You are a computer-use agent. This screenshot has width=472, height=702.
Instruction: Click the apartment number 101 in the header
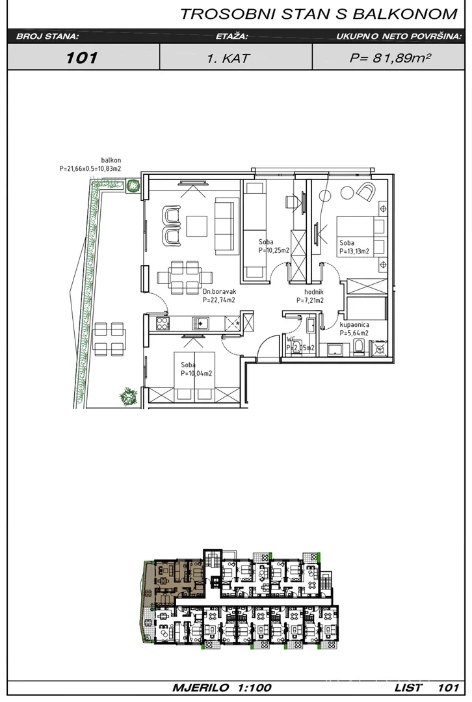(x=81, y=57)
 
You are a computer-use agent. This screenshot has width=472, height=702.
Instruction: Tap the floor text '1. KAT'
(x=228, y=58)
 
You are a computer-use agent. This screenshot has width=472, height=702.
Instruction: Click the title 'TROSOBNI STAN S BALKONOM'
(x=319, y=14)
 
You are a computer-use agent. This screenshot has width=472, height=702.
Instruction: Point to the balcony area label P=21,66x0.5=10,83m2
(x=90, y=169)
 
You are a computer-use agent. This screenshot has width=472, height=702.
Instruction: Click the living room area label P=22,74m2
(x=219, y=300)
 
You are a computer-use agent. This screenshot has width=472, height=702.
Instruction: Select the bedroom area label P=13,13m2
(x=354, y=251)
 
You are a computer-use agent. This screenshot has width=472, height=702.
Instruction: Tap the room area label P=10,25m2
(x=274, y=250)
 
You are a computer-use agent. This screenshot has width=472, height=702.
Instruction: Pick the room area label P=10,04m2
(x=196, y=373)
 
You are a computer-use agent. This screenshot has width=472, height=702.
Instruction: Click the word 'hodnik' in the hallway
(x=314, y=292)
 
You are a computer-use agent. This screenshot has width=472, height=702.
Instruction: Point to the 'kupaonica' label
(x=354, y=324)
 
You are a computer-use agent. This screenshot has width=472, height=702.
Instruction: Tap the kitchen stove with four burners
(x=162, y=323)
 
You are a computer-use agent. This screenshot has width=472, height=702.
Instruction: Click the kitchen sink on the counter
(x=201, y=323)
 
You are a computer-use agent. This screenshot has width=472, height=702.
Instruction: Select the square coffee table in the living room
(x=197, y=226)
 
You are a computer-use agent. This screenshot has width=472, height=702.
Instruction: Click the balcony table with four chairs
(x=109, y=339)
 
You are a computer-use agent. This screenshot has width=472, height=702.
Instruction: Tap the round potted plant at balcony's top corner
(x=132, y=185)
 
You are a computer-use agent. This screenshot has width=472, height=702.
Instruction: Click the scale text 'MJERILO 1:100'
(x=222, y=688)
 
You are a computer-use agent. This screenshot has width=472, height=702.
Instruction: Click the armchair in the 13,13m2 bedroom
(x=367, y=192)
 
